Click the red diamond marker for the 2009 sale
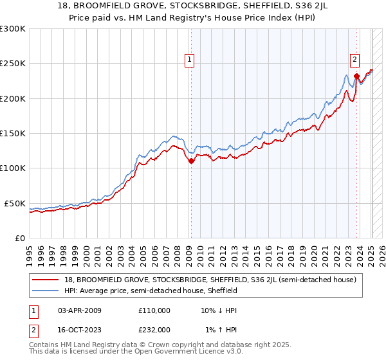pos(191,161)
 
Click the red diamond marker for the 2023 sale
pos(356,76)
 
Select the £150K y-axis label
pos(13,134)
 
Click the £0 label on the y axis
pos(19,238)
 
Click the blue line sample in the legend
pos(46,291)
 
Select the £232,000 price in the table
pos(154,329)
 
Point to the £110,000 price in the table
pos(154,310)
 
